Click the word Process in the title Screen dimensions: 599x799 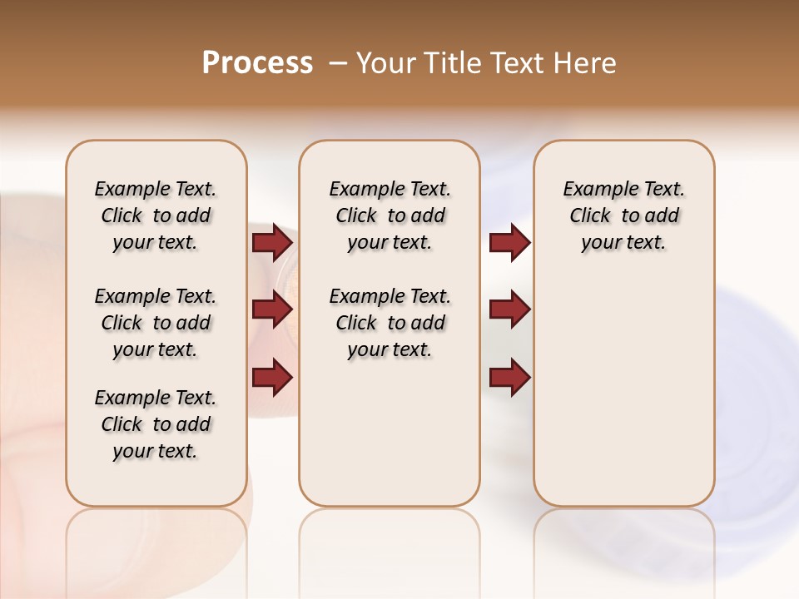pos(257,63)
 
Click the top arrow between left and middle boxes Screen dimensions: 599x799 pos(272,243)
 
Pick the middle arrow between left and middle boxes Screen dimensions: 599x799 pos(272,309)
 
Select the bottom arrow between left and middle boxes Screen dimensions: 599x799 pos(272,378)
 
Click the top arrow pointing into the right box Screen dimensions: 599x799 pos(509,243)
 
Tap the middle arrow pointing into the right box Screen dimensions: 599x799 pos(509,309)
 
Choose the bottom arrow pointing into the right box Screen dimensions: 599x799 pos(509,378)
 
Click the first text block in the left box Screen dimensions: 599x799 pos(156,215)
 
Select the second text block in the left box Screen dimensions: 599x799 pos(156,323)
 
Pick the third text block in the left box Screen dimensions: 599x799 pos(156,424)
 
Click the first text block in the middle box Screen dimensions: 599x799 pos(390,215)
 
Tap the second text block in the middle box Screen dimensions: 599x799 pos(390,323)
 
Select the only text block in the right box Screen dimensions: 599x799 pos(623,215)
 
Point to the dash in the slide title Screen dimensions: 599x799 pos(338,63)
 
